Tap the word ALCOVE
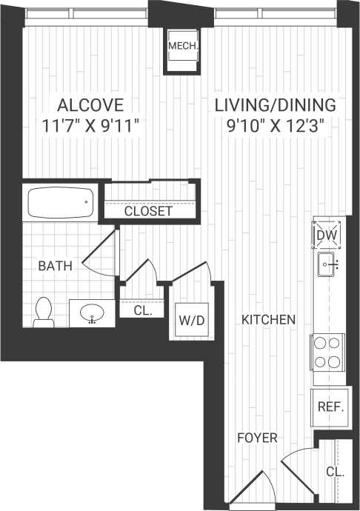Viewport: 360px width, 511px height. pos(90,104)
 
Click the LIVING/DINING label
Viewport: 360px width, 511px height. pos(276,104)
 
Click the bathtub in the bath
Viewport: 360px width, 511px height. pos(59,201)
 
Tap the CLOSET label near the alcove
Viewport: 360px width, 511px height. pos(148,211)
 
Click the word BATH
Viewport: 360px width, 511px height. pos(56,265)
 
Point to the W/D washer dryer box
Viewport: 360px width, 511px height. pos(187,321)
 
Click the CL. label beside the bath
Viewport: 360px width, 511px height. pos(143,312)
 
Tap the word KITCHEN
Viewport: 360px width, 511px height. pos(269,320)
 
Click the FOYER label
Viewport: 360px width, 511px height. pos(257,438)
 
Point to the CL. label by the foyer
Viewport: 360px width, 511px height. pos(335,471)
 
